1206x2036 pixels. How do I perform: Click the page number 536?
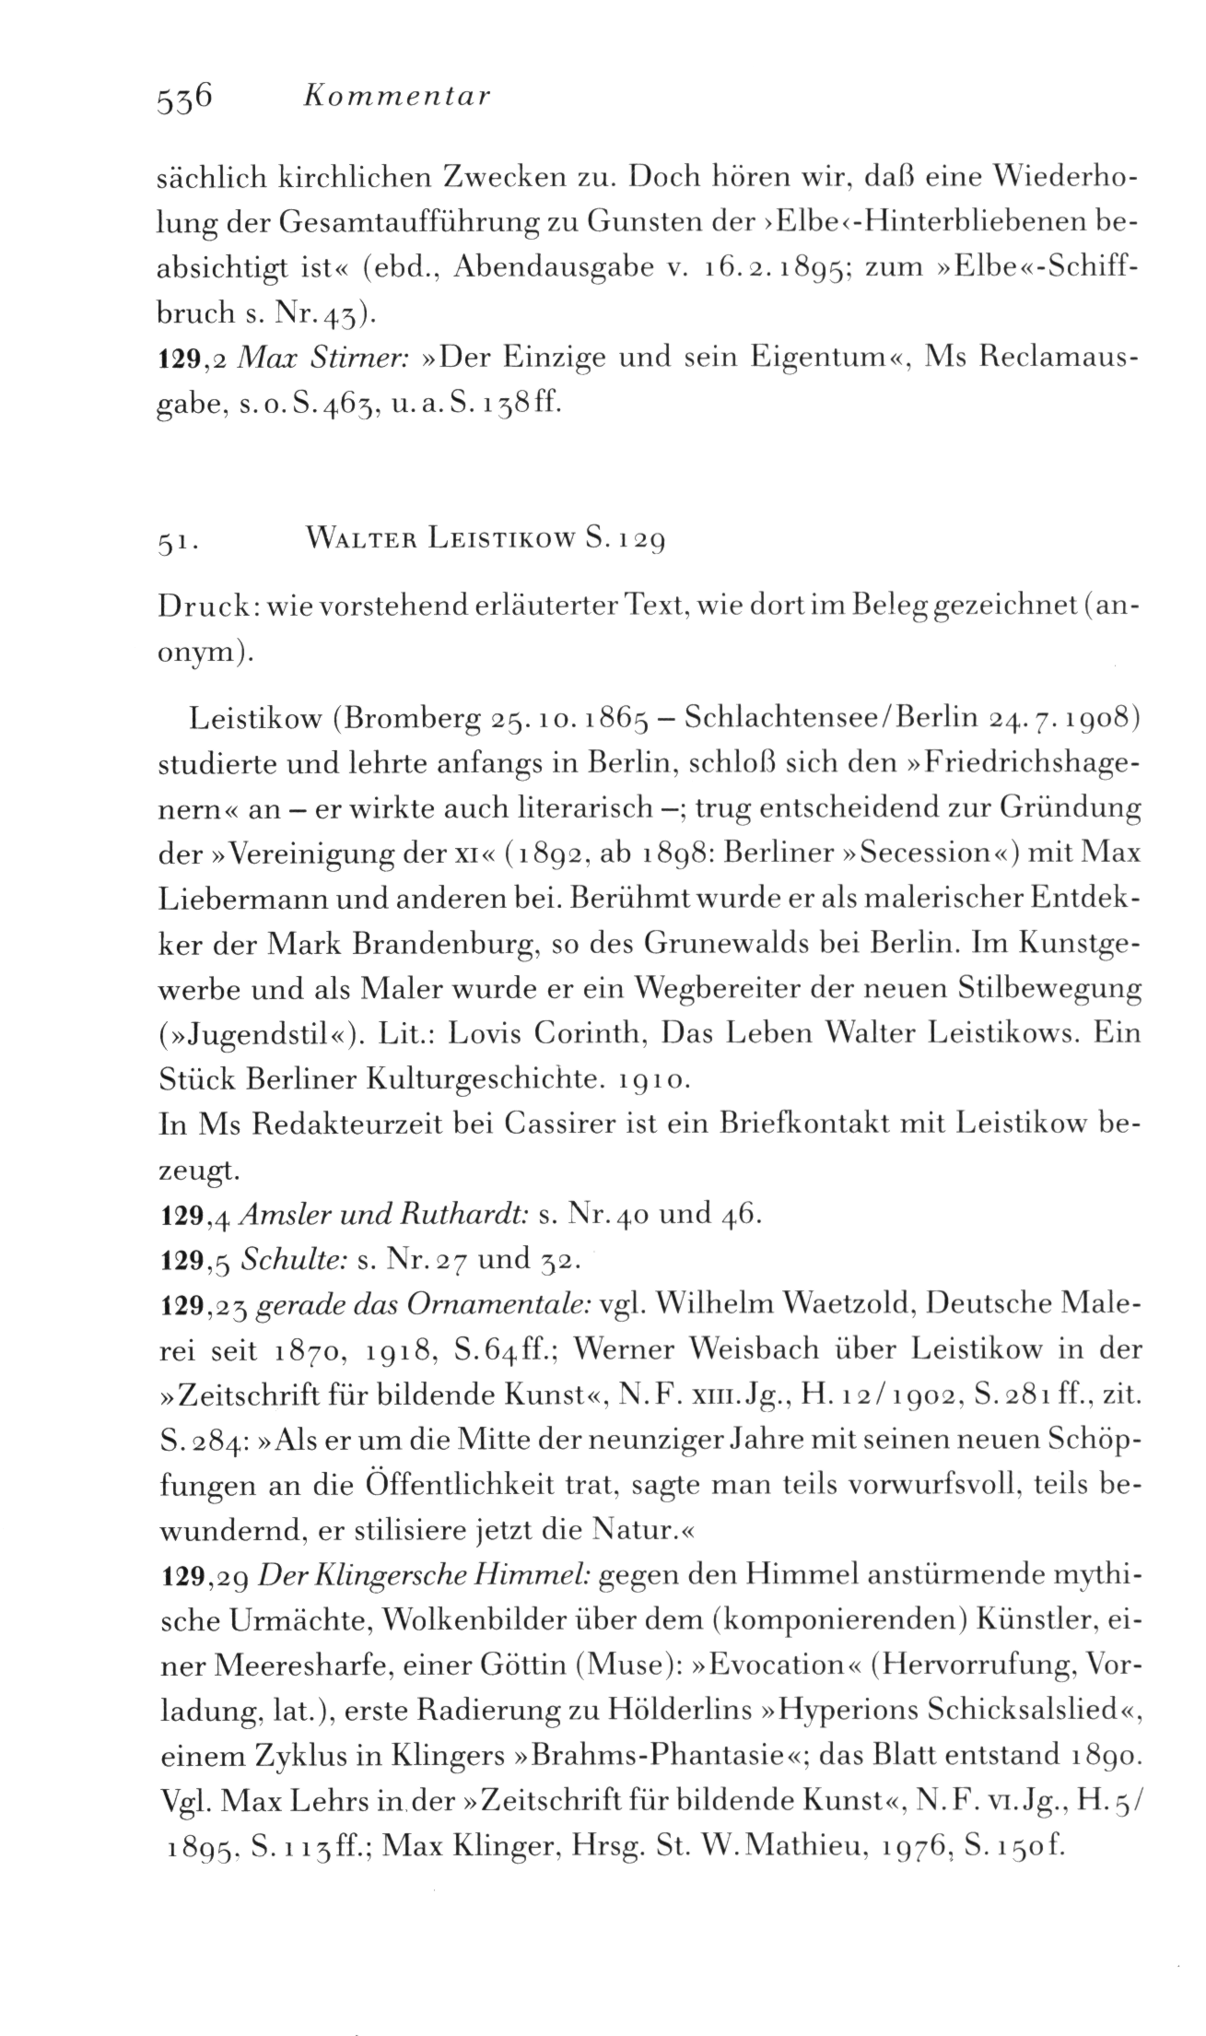[186, 94]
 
